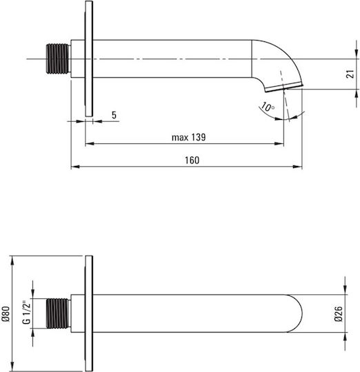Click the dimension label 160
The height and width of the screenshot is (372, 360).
(x=192, y=161)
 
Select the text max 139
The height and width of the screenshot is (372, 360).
(x=188, y=137)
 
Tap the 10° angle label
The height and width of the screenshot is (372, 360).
(x=268, y=107)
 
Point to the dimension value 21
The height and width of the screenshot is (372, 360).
(x=350, y=74)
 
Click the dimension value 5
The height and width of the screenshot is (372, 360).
(x=114, y=115)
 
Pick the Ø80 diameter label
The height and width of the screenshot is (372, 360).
(x=6, y=313)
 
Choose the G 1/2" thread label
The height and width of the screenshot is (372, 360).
(x=27, y=312)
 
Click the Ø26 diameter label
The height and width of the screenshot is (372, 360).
(x=339, y=313)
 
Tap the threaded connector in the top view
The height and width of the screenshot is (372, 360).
(x=58, y=59)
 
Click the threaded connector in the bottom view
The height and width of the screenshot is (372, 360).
(x=58, y=313)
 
